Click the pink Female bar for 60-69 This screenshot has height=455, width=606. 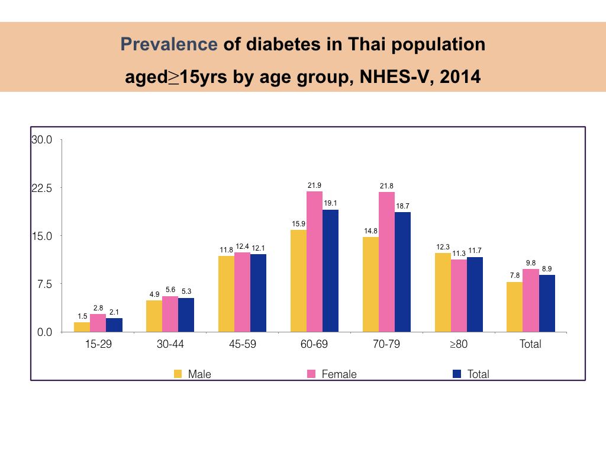click(x=314, y=261)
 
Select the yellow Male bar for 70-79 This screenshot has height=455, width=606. click(x=370, y=284)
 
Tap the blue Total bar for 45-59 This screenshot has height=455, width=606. click(x=258, y=293)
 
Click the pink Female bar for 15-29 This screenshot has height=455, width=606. click(x=98, y=323)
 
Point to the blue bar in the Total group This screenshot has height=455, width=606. click(x=547, y=303)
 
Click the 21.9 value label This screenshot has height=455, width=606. click(x=314, y=185)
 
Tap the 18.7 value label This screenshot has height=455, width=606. click(x=402, y=206)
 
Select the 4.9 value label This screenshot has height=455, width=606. click(x=154, y=294)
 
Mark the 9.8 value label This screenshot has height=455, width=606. click(x=531, y=263)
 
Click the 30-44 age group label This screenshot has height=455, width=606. click(x=170, y=344)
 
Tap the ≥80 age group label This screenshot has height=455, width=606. click(x=458, y=344)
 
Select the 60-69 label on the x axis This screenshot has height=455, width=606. click(x=314, y=344)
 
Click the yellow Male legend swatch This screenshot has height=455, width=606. click(x=178, y=374)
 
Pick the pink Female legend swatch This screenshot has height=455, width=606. click(x=311, y=374)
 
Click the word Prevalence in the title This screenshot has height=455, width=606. click(x=169, y=44)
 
